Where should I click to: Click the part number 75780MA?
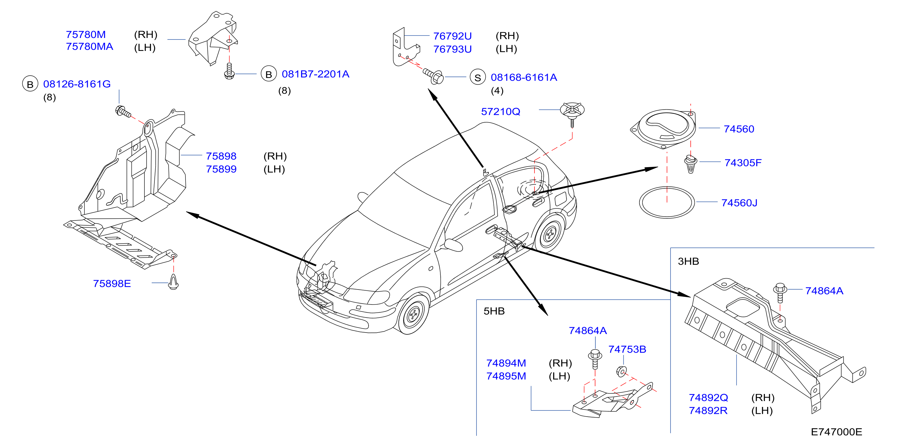pyautogui.click(x=90, y=47)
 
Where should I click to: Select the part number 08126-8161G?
pyautogui.click(x=77, y=84)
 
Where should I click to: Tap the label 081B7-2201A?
pyautogui.click(x=315, y=74)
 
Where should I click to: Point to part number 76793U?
pyautogui.click(x=452, y=49)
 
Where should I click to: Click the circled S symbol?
pyautogui.click(x=478, y=78)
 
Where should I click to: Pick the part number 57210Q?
pyautogui.click(x=501, y=112)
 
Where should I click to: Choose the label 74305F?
pyautogui.click(x=743, y=163)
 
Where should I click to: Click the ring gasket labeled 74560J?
pyautogui.click(x=640, y=203)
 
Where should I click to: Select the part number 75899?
pyautogui.click(x=221, y=169)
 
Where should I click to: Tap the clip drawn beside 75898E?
pyautogui.click(x=173, y=282)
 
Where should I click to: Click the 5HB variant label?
pyautogui.click(x=494, y=311)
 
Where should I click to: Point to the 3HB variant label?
pyautogui.click(x=688, y=261)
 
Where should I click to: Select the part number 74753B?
pyautogui.click(x=627, y=349)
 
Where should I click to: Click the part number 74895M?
pyautogui.click(x=506, y=376)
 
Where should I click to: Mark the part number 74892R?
pyautogui.click(x=708, y=411)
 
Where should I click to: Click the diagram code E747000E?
pyautogui.click(x=836, y=432)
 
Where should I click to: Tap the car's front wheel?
pyautogui.click(x=413, y=314)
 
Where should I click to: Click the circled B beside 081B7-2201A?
pyautogui.click(x=268, y=74)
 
